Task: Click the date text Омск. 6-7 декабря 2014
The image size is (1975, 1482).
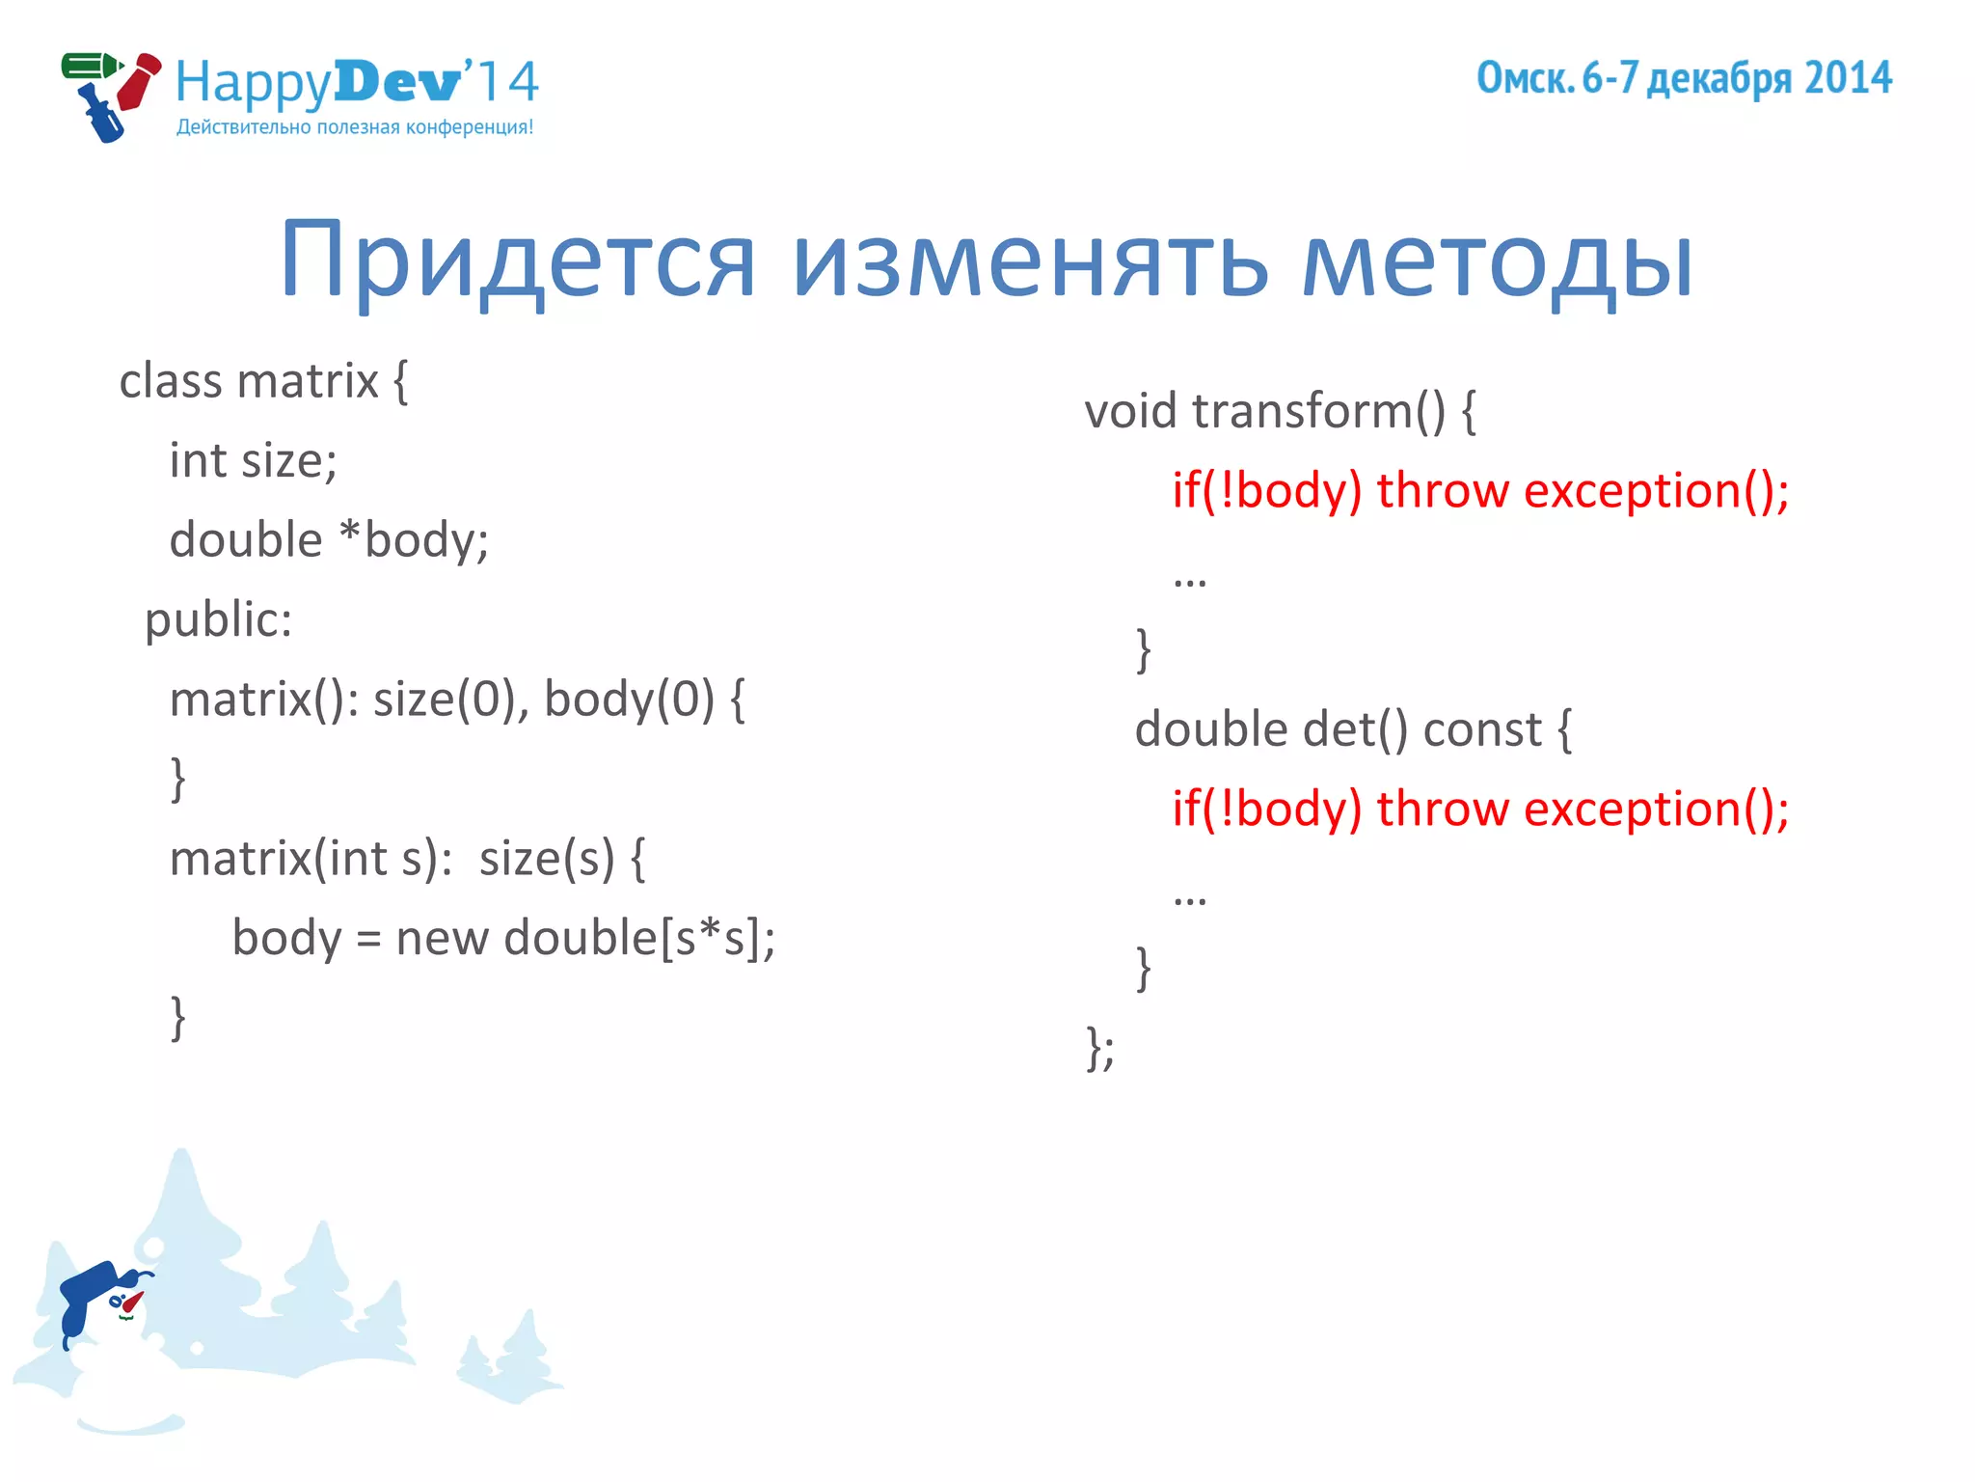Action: click(x=1684, y=78)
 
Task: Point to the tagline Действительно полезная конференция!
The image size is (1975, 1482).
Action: click(x=355, y=127)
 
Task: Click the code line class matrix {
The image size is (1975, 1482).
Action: click(x=263, y=381)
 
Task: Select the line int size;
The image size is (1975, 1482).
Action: click(x=253, y=460)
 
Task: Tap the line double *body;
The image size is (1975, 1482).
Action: click(x=329, y=539)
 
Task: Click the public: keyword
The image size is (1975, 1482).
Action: click(x=218, y=619)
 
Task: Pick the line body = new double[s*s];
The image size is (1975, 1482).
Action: click(x=503, y=938)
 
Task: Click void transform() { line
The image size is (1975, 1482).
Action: click(x=1280, y=411)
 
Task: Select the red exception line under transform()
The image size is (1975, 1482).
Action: click(x=1480, y=491)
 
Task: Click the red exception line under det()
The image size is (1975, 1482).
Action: click(x=1480, y=810)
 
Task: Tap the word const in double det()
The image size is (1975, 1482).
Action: click(x=1482, y=729)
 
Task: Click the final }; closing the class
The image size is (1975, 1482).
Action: click(x=1100, y=1048)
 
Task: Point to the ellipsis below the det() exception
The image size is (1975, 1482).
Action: click(x=1190, y=898)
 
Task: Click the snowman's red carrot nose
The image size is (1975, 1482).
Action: click(x=132, y=1303)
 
